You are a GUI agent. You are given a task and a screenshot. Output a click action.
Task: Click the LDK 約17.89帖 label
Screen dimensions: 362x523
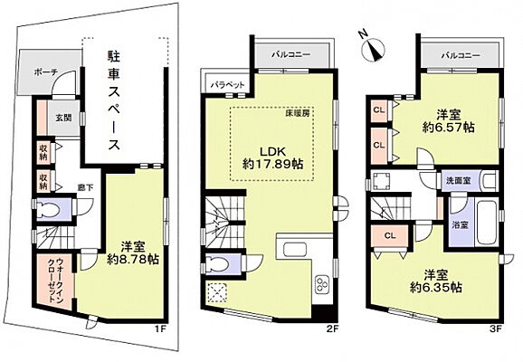point(268,157)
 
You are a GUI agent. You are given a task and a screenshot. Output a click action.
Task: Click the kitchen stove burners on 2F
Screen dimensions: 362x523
point(323,289)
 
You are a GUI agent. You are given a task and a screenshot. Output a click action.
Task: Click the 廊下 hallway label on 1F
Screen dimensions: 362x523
point(87,187)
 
